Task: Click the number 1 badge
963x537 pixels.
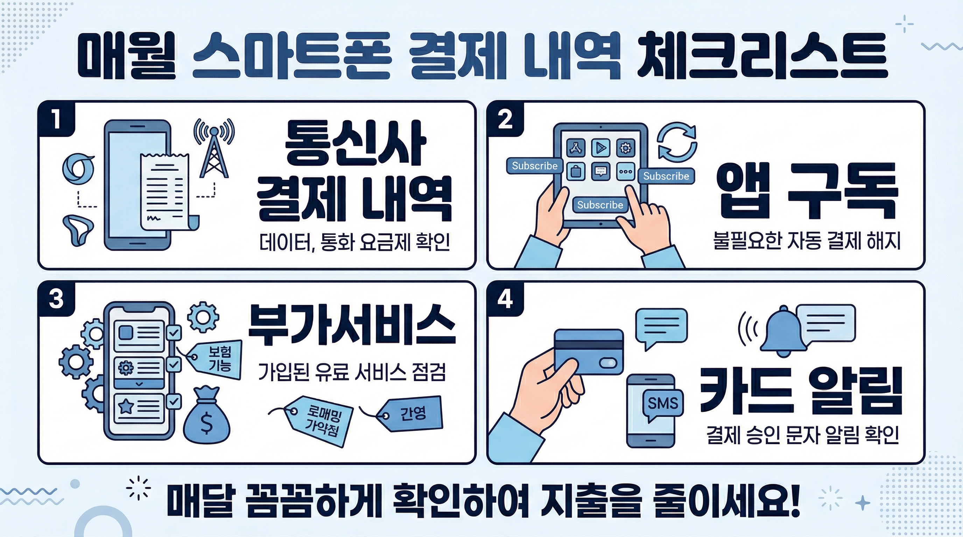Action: coord(56,120)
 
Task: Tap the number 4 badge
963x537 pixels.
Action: coord(505,300)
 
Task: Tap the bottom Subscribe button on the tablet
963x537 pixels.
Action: coord(600,205)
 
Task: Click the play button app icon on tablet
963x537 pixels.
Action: coord(601,148)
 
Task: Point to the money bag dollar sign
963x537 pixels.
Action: coord(207,424)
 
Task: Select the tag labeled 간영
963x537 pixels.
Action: coord(411,414)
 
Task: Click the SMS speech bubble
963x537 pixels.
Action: coord(662,403)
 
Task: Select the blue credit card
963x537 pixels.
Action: coord(589,351)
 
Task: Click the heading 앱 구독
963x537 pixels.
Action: coord(808,191)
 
